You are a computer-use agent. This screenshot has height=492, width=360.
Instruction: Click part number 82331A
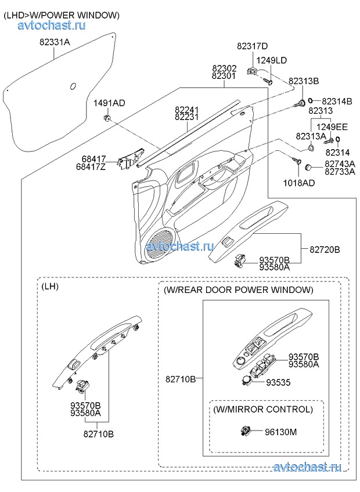pos(55,42)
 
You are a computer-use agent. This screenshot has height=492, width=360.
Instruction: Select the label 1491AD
pos(109,103)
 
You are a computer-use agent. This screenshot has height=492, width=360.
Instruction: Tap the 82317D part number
pos(252,46)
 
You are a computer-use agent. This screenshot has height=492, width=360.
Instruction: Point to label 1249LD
pos(272,60)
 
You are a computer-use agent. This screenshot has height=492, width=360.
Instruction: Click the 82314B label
pos(337,101)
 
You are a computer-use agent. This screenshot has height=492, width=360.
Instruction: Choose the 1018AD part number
pos(300,183)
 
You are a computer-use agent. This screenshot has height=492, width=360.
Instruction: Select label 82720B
pos(325,249)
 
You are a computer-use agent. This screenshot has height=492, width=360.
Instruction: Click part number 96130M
pos(281,432)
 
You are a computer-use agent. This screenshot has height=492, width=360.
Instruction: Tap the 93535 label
pos(278,383)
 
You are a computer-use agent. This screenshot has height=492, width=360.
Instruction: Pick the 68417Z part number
pos(93,167)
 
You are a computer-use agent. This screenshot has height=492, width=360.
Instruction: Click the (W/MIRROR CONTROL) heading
pos(263,410)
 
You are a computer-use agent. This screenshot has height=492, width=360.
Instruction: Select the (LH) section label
pos(51,287)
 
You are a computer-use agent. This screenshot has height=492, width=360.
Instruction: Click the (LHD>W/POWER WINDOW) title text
pos(62,15)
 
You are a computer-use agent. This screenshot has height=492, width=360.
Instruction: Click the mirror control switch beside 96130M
pos(246,431)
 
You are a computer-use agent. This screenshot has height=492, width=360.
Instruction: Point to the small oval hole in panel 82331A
pos(73,87)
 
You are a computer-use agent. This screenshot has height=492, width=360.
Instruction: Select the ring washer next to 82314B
pos(312,101)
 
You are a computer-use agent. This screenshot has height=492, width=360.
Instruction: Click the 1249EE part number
pos(332,126)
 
